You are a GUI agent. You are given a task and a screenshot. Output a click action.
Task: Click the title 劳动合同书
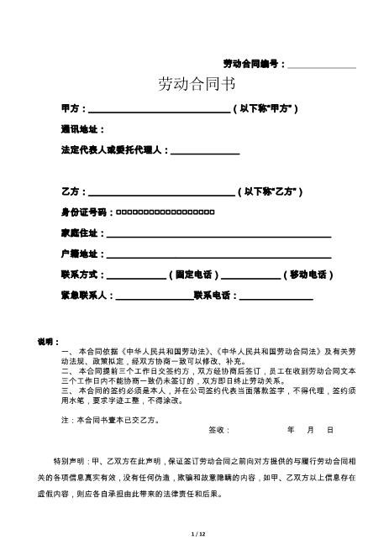point(197,84)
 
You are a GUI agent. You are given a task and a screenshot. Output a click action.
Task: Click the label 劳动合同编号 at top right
point(254,64)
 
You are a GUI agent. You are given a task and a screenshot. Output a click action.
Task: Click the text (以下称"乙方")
point(271,191)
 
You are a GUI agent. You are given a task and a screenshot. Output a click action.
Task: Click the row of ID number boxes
point(165,212)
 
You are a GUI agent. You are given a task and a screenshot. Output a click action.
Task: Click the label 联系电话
point(215,296)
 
